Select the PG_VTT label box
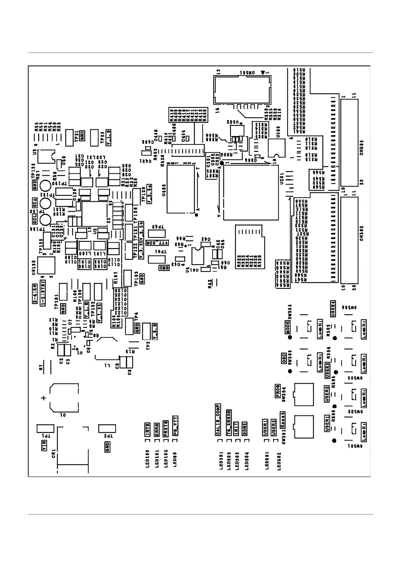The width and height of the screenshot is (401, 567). [x=175, y=426]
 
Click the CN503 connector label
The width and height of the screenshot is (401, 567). [x=362, y=147]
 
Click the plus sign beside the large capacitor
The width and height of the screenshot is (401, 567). [x=43, y=398]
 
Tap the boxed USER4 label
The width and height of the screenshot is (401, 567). [x=333, y=308]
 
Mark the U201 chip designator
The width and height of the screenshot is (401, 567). [x=282, y=177]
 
